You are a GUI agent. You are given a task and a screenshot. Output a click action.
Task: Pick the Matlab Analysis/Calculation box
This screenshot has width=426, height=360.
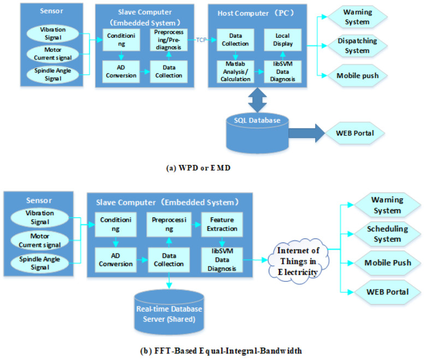pyautogui.click(x=234, y=72)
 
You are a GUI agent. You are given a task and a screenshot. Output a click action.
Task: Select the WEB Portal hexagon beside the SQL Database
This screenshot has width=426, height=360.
pyautogui.click(x=355, y=133)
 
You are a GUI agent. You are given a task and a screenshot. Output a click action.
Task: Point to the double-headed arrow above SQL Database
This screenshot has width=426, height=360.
pyautogui.click(x=257, y=100)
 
